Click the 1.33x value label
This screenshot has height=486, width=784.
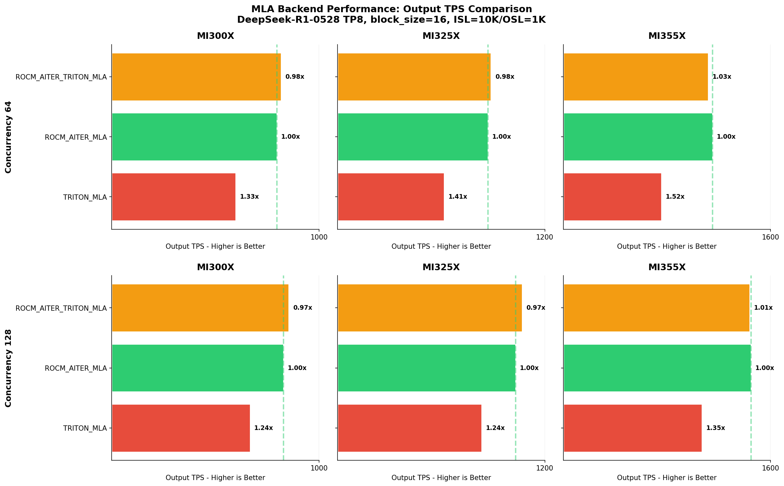249,197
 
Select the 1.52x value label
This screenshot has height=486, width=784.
675,197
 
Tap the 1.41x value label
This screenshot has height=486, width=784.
458,197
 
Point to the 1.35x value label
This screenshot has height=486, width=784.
716,428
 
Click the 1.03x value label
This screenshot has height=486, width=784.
722,77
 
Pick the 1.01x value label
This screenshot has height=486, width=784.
763,308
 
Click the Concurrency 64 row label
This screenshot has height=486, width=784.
8,137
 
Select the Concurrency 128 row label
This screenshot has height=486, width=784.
8,368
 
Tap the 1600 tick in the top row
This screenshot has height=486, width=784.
770,237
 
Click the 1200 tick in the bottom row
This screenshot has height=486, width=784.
545,468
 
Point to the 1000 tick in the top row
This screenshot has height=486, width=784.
319,237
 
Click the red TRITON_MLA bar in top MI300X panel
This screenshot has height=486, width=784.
174,197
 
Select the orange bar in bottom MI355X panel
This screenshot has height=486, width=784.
656,308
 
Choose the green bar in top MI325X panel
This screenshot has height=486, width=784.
413,137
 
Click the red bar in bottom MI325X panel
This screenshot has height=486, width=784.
409,428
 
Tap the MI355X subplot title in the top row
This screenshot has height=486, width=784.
667,36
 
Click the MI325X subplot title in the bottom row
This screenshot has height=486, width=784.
441,267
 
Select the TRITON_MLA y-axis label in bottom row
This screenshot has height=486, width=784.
85,428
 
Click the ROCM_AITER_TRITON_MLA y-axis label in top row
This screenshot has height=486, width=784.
61,77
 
